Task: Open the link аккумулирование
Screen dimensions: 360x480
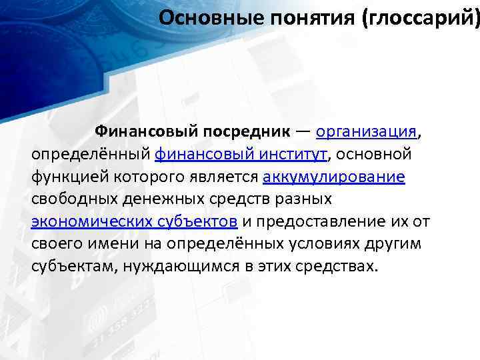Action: coord(334,177)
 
